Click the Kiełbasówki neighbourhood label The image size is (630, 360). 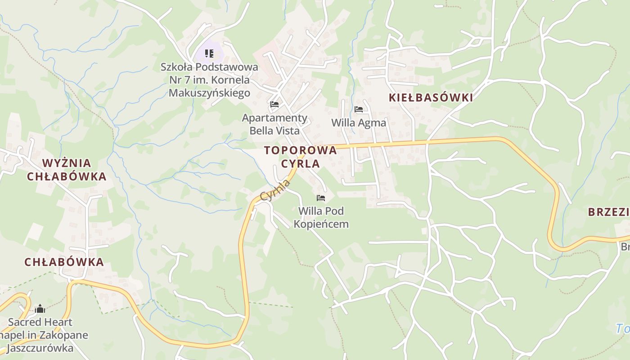pos(431,98)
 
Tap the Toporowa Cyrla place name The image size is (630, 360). pos(301,157)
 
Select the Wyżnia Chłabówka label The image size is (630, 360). pos(67,170)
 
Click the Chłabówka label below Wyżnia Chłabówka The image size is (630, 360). pos(64,262)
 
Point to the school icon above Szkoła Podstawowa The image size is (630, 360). pos(209,54)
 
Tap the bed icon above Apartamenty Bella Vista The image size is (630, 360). pos(274,104)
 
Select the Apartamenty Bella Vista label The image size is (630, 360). pos(274,124)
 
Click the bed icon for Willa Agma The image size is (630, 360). pos(359,109)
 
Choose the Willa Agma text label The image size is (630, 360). pos(359,122)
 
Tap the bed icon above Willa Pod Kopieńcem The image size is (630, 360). pos(321,198)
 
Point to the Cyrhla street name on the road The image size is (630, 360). pos(275,190)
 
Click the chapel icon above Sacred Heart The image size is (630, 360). pos(40,309)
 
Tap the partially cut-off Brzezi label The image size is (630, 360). pos(609,212)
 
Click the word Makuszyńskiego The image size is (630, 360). pos(209,93)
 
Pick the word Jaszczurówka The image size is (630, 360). pos(40,348)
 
